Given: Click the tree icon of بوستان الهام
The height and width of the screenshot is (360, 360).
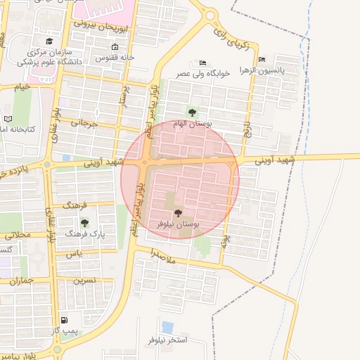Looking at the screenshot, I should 192,112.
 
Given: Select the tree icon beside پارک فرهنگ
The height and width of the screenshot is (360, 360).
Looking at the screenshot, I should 84,223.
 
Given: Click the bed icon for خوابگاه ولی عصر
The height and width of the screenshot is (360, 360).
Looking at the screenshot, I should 203,63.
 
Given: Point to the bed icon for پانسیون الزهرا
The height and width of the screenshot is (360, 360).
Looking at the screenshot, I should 262,60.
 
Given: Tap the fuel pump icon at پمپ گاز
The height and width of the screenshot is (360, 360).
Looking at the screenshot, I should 65,320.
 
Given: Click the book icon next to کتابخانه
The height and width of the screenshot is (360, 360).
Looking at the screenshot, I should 8,119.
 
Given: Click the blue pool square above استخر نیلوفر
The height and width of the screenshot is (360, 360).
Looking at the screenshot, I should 167,327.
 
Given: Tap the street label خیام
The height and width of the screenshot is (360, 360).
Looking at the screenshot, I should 22,86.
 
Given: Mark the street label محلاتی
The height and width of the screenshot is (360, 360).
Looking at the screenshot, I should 18,235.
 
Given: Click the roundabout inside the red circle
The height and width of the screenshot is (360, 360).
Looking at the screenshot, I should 144,163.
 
